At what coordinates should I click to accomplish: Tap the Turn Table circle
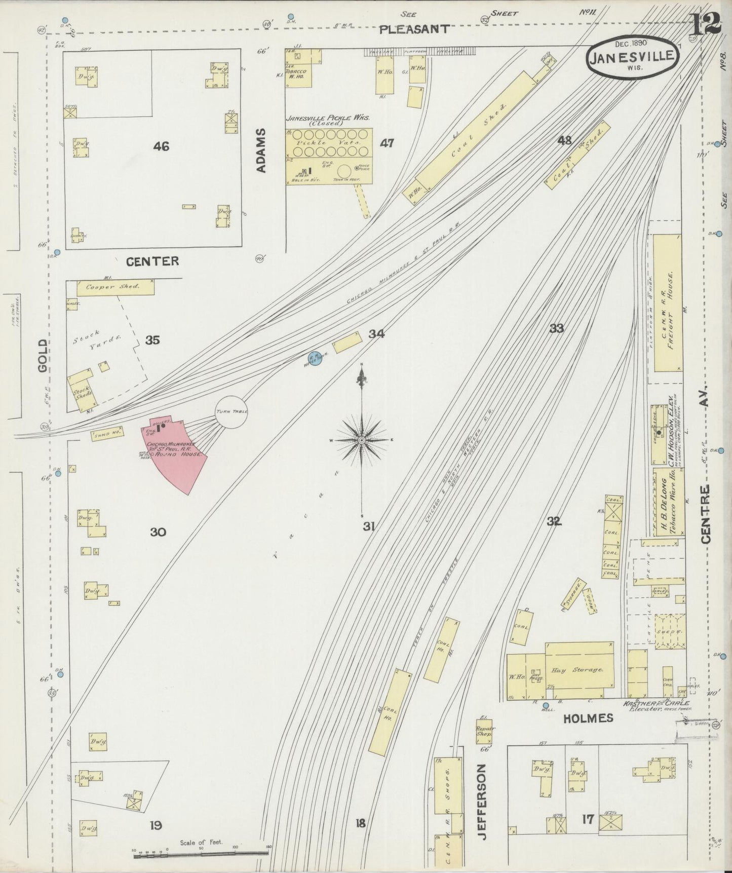tap(232, 412)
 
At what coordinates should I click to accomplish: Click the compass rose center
tap(362, 441)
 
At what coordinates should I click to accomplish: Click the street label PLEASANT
tap(414, 29)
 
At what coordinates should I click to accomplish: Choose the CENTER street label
tap(152, 261)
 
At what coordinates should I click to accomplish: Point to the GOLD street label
tap(43, 356)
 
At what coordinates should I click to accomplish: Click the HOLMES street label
tap(587, 718)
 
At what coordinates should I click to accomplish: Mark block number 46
tap(161, 146)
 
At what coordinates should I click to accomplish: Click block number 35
tap(152, 340)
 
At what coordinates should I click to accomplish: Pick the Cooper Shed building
tap(115, 287)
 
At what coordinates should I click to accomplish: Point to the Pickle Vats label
tap(330, 143)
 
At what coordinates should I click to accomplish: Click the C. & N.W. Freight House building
tap(668, 303)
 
